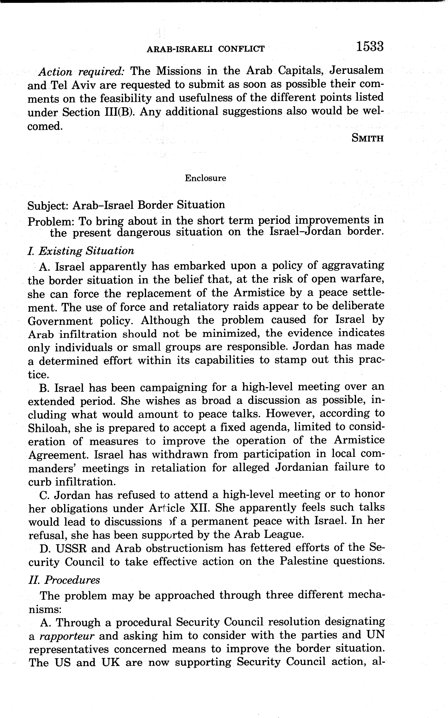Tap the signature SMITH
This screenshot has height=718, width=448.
coord(367,138)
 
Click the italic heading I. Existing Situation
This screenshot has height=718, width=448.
coord(81,251)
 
